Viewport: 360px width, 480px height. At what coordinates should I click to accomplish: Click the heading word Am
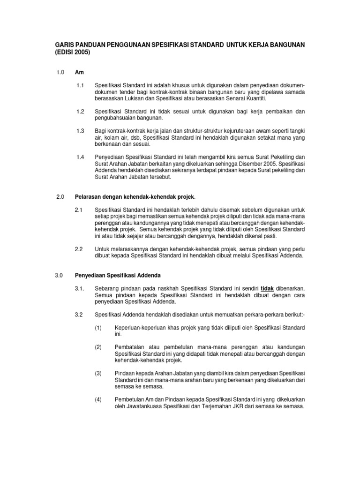(x=79, y=72)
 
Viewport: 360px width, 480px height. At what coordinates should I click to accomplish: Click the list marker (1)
(x=98, y=327)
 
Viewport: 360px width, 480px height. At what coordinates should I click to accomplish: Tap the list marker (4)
(x=98, y=399)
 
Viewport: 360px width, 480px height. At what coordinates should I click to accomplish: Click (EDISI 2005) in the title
(x=72, y=52)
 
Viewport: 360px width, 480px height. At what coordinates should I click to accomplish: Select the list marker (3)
(x=98, y=373)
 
